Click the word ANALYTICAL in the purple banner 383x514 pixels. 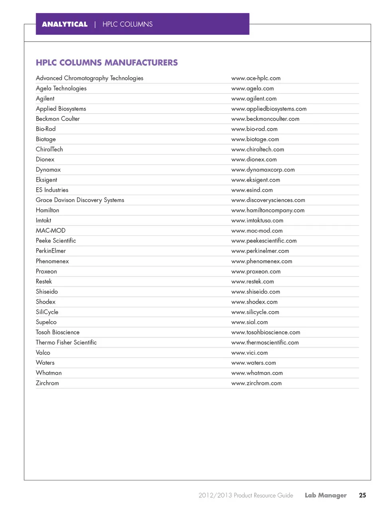65,24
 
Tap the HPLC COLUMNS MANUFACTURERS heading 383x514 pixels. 107,63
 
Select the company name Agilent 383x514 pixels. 45,98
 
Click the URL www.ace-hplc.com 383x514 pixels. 256,78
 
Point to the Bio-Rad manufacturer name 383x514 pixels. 45,129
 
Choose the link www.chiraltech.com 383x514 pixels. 257,149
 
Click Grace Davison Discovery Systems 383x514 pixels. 80,200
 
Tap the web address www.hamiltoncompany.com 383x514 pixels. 268,210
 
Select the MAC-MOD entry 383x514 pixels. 51,230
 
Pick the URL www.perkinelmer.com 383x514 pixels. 260,251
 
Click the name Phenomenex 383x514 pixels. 52,261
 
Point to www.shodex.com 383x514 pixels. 254,302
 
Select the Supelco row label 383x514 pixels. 46,322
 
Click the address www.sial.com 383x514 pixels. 249,322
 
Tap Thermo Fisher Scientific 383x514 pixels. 66,342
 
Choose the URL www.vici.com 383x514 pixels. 249,353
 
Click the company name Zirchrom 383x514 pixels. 47,383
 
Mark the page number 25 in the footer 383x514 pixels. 362,495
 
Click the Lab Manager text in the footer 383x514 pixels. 326,495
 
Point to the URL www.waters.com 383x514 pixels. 253,363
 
